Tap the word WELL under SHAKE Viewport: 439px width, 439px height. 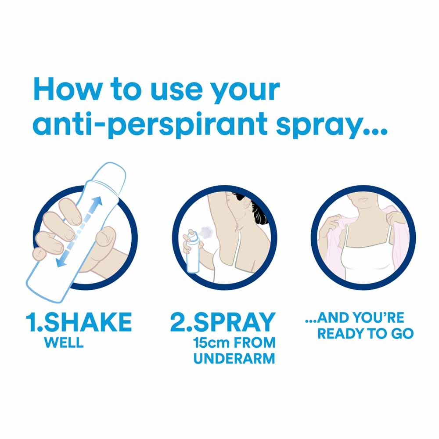coord(64,342)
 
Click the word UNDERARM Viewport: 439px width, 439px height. coord(234,359)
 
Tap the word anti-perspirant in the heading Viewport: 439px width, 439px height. coord(150,123)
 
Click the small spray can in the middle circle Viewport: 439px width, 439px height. coord(193,252)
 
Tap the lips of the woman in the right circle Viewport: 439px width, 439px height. coord(363,199)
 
